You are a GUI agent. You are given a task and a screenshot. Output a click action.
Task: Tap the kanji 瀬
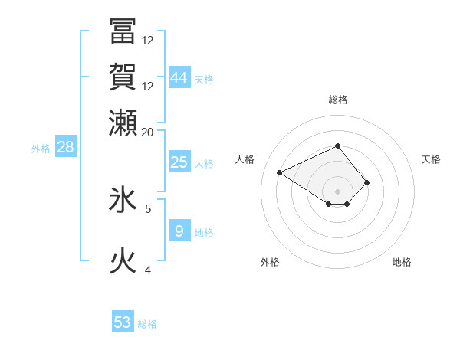click(x=123, y=122)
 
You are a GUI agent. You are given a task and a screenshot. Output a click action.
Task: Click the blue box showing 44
click(x=179, y=77)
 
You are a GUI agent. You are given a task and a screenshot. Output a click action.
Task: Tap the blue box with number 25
click(x=179, y=162)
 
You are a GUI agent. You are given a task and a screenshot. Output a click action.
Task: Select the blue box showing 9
click(x=179, y=231)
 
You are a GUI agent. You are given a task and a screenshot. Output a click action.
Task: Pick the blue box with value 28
click(x=65, y=147)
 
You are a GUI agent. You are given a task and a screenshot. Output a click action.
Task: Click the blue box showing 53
click(x=123, y=322)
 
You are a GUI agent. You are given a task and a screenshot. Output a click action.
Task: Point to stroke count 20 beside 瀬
click(x=147, y=132)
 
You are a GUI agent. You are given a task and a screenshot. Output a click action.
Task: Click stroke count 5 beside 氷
click(x=148, y=208)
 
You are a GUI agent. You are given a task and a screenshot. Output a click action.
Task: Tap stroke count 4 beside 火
click(x=148, y=270)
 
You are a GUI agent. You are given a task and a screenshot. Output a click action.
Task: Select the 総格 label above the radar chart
click(x=337, y=100)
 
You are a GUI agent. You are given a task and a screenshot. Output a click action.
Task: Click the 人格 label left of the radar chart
click(x=245, y=159)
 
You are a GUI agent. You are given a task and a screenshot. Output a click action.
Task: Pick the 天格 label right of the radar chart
click(x=431, y=159)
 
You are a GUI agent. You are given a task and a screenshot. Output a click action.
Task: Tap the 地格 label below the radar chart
click(x=402, y=262)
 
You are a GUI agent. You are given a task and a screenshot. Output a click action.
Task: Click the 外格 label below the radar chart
click(x=270, y=262)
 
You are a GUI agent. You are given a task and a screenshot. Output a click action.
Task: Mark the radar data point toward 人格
click(x=280, y=172)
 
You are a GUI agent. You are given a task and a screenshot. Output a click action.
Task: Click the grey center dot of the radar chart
click(x=337, y=191)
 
